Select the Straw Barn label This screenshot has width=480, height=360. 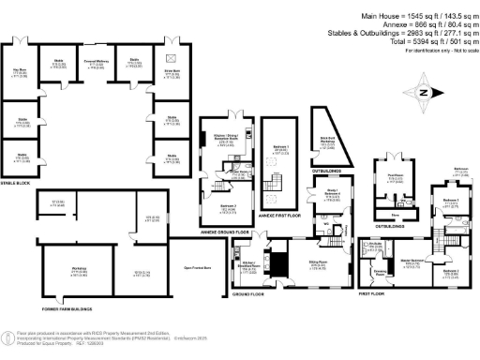click(x=172, y=70)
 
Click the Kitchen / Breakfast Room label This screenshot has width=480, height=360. click(x=249, y=267)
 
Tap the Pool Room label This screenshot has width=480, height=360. click(x=395, y=177)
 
